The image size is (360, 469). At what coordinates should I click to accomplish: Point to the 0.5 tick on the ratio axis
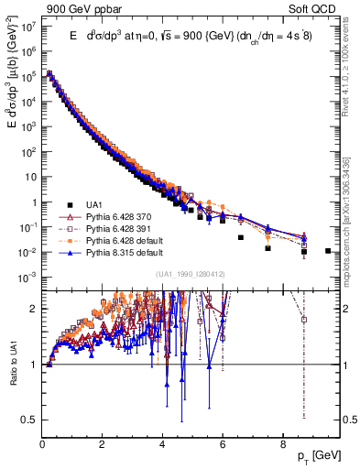30,420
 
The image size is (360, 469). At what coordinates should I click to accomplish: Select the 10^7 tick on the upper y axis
27,27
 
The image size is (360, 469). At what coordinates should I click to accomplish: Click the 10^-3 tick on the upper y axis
27,277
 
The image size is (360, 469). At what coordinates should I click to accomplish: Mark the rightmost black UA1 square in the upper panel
327,250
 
